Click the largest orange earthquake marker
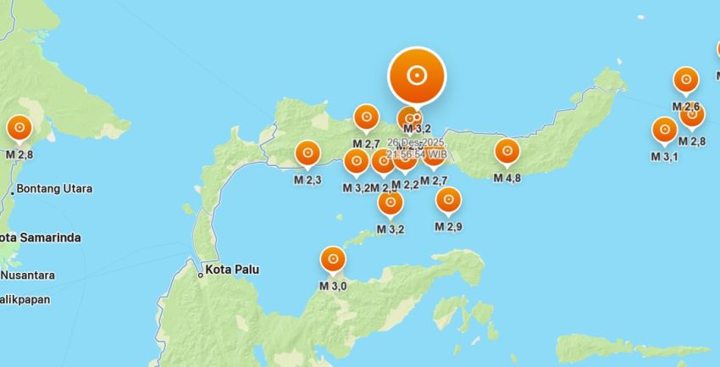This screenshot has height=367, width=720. pos(416,75)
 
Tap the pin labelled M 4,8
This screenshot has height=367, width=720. pos(507,152)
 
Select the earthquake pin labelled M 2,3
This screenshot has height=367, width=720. pos(307,153)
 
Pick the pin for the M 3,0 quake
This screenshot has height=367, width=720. pos(332,259)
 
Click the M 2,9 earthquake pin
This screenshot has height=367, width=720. pos(448,201)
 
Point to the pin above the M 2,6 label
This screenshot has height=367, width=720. pos(685,81)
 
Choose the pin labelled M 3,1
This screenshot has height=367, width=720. pos(664,131)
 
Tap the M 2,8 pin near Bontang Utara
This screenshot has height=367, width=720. pos(19,129)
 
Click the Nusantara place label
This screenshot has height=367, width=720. pos(28,275)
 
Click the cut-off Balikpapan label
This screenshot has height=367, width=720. pos(25,299)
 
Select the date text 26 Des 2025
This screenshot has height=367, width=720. pos(416,142)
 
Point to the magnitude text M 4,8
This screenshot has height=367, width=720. pos(507,178)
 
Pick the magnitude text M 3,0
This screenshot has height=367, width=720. pos(333,286)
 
